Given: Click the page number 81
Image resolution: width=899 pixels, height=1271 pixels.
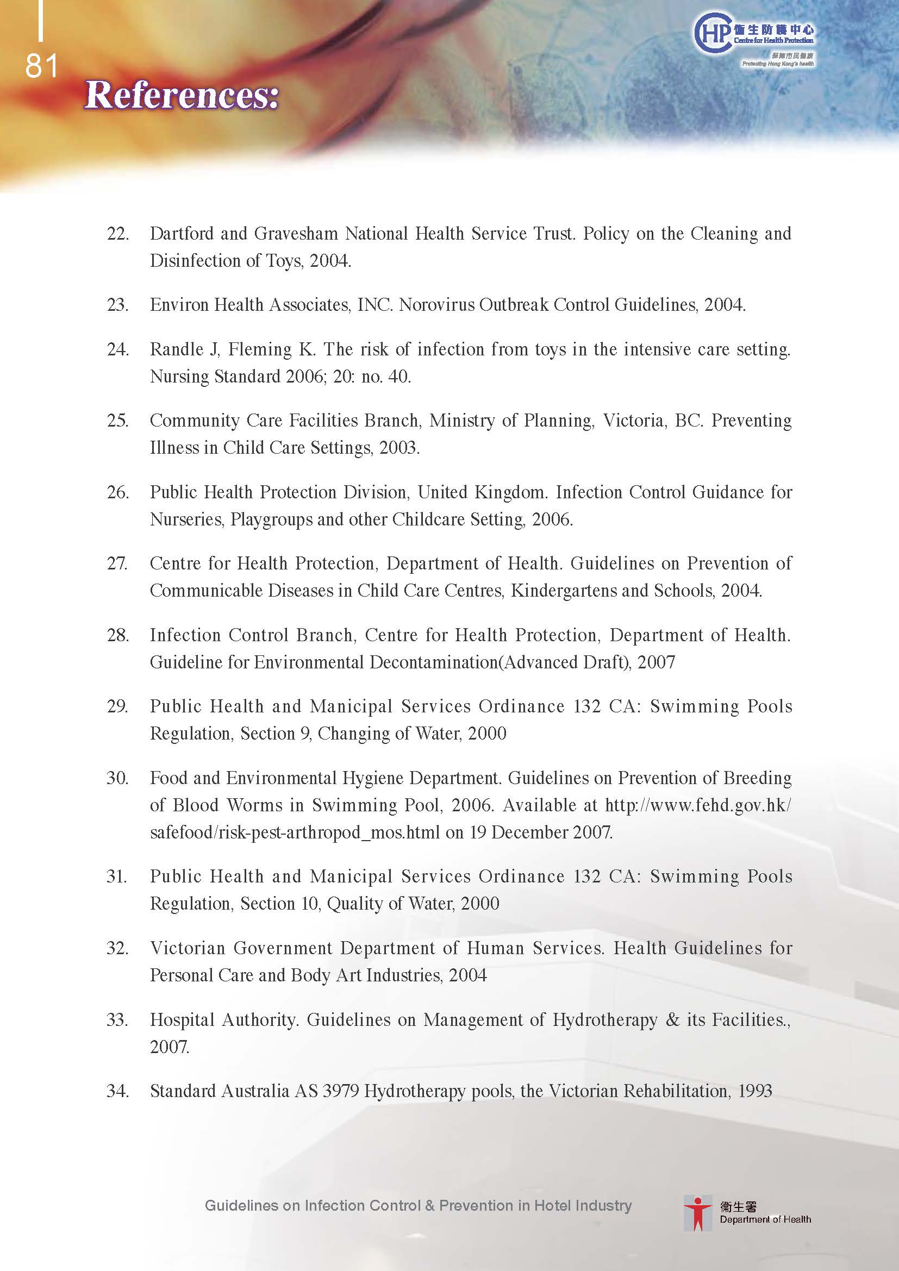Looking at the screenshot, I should click(41, 66).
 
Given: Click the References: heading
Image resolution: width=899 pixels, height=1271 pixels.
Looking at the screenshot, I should click(182, 95).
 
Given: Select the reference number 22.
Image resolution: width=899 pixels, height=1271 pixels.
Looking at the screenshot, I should click(117, 234).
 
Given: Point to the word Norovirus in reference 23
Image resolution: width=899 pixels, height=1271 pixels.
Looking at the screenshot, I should click(435, 305).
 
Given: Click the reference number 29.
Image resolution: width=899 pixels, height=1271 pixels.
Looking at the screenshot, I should click(117, 706).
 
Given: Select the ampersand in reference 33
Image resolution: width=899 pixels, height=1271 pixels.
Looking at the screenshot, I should click(672, 1019).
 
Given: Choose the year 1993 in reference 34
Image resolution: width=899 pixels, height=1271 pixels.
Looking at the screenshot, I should click(755, 1091).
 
